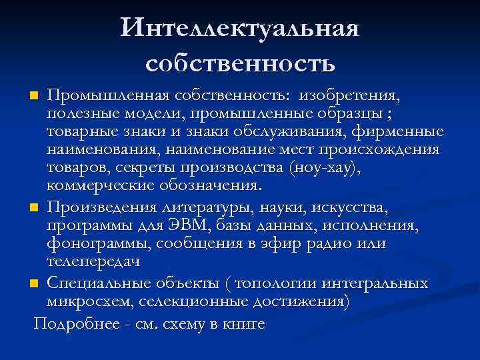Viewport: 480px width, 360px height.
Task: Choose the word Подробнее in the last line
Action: pyautogui.click(x=73, y=324)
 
